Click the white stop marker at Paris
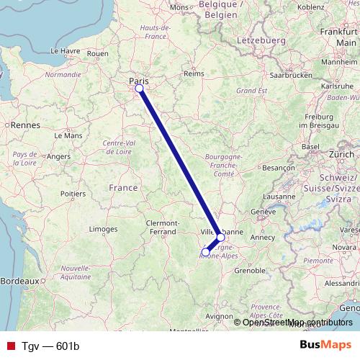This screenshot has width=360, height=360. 139,89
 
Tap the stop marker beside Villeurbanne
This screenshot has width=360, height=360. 220,237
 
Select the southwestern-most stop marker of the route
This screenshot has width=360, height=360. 206,252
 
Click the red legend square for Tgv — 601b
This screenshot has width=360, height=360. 10,346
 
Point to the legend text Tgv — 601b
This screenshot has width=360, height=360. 50,346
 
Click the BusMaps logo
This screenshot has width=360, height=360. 325,346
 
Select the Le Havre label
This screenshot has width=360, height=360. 65,52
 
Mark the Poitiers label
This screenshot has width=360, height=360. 73,193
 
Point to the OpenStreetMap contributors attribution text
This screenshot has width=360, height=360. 297,322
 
